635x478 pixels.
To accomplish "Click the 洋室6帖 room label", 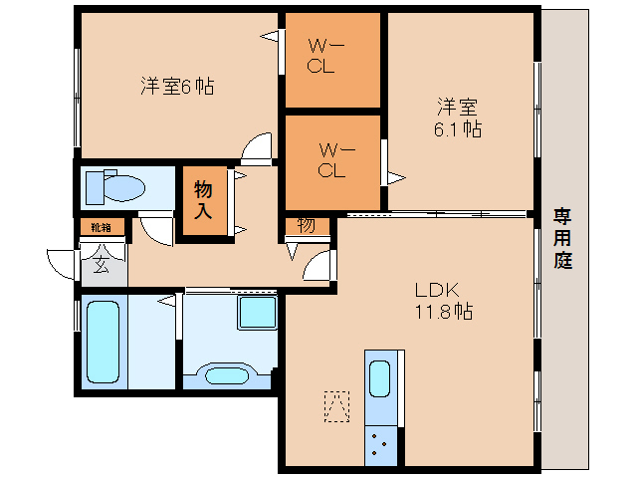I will pyautogui.click(x=177, y=87).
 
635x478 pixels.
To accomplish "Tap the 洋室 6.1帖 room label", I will pyautogui.click(x=458, y=117).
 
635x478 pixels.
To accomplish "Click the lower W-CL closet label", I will pyautogui.click(x=332, y=159).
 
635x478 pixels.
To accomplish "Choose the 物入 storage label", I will pyautogui.click(x=203, y=200).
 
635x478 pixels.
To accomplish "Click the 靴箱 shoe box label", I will pyautogui.click(x=102, y=227).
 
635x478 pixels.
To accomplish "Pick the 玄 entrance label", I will pyautogui.click(x=103, y=264).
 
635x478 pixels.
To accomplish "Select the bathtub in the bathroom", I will pyautogui.click(x=104, y=342).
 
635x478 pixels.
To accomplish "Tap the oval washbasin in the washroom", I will pyautogui.click(x=226, y=375).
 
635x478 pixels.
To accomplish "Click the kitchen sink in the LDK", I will pyautogui.click(x=380, y=379).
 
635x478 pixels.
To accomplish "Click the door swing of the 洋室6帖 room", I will pyautogui.click(x=259, y=148).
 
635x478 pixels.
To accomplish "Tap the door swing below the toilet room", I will pyautogui.click(x=156, y=229).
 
